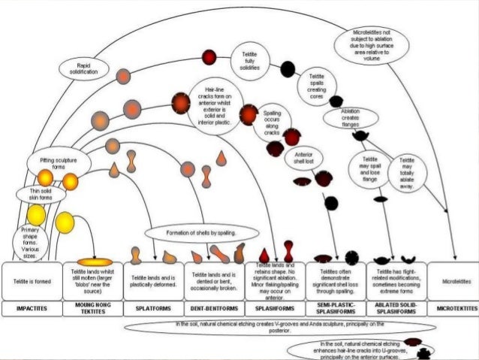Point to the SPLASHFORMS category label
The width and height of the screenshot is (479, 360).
(x=275, y=309)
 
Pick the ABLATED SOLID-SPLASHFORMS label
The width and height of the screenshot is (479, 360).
(x=396, y=309)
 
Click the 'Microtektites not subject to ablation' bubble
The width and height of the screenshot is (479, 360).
(x=381, y=48)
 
